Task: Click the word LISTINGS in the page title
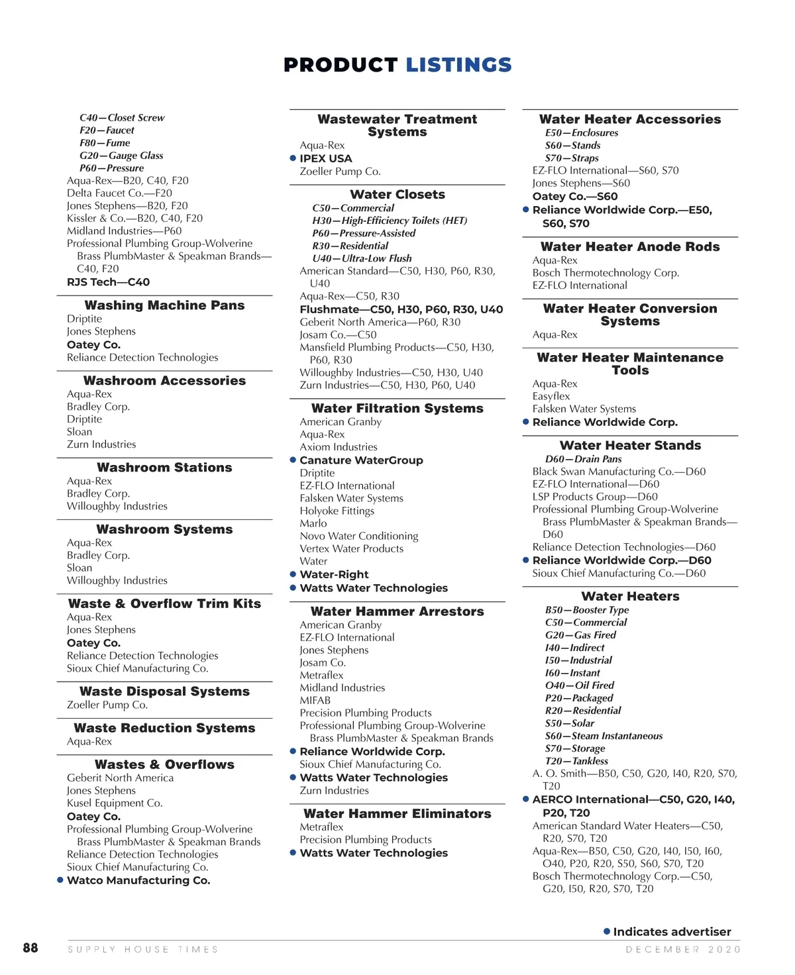click(458, 65)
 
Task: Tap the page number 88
click(30, 948)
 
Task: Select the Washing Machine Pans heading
click(164, 305)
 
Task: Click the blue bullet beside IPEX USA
click(293, 158)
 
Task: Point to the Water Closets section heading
click(397, 195)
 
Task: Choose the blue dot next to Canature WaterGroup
click(293, 460)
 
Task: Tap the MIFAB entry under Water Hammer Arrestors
click(315, 700)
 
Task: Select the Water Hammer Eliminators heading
click(397, 814)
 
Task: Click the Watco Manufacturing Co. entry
click(138, 880)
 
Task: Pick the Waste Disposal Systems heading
click(164, 692)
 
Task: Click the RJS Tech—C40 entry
click(108, 282)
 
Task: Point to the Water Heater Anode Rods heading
click(630, 247)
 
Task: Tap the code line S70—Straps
click(572, 158)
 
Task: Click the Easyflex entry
click(551, 396)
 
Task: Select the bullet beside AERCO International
click(525, 799)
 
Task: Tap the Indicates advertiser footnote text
click(672, 932)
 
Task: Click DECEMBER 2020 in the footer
click(683, 949)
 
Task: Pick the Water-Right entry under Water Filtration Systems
click(334, 575)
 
